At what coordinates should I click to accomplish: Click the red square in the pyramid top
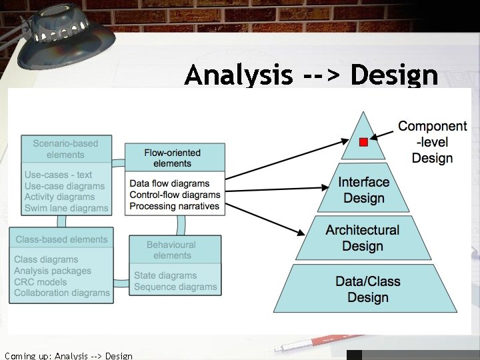coord(363,142)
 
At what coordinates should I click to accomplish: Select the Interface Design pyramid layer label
coord(363,190)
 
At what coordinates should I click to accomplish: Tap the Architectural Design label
coord(363,238)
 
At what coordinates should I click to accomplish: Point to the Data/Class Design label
coord(367,289)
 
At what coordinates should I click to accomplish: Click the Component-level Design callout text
coord(432,142)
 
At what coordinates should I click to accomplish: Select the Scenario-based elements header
coord(65,149)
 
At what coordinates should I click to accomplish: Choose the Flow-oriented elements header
coord(172,158)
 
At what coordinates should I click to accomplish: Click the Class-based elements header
coord(61,239)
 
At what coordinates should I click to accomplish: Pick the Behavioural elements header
coord(172,250)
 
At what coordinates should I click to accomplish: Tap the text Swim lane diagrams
coord(66,208)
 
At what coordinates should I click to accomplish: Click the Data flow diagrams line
coord(169,183)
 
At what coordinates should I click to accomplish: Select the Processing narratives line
coord(174,206)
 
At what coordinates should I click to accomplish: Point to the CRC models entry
coord(41,281)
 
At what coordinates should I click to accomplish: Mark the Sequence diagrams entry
coord(175,287)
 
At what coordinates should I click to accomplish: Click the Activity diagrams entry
coord(60,197)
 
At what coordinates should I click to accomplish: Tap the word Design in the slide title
coord(394,75)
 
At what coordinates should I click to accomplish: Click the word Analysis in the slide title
coord(239,75)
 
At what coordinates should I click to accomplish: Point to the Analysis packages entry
coord(53,271)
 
